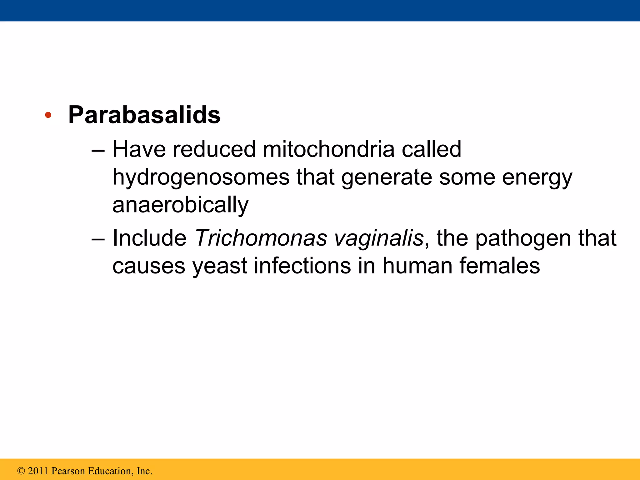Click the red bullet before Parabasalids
click(x=48, y=115)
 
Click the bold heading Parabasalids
click(x=144, y=115)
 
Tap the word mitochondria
click(x=328, y=149)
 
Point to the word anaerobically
click(x=180, y=205)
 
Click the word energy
click(x=537, y=177)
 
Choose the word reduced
click(x=214, y=149)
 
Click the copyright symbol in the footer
click(x=21, y=471)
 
